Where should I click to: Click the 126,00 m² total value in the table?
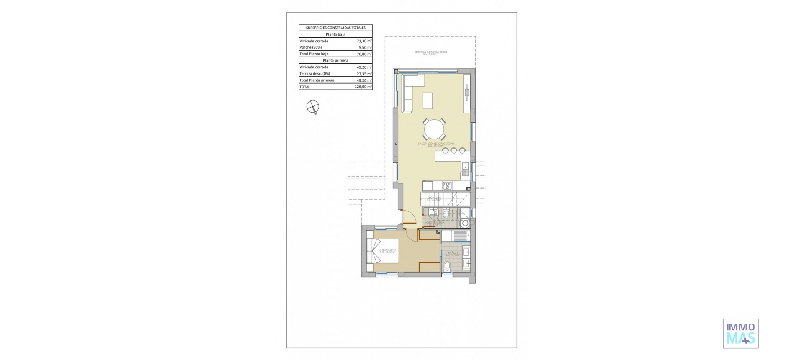click(363, 87)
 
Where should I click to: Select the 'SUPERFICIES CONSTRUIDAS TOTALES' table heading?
click(335, 28)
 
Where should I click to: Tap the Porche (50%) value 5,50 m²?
click(365, 48)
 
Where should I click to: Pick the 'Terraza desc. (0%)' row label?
click(314, 74)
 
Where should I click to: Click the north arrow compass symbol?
click(313, 107)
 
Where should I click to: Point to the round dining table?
click(434, 129)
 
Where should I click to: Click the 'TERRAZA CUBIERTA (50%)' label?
click(430, 52)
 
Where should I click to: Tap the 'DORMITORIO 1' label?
click(388, 250)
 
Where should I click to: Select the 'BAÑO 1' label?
click(453, 253)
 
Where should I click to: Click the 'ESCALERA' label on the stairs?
click(434, 198)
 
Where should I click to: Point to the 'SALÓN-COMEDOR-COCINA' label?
click(436, 144)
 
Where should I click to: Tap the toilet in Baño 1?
click(447, 265)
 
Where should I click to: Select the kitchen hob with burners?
click(447, 185)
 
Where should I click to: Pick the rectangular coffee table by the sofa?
click(427, 100)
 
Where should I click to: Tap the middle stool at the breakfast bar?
click(454, 150)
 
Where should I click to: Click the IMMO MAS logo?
click(740, 334)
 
